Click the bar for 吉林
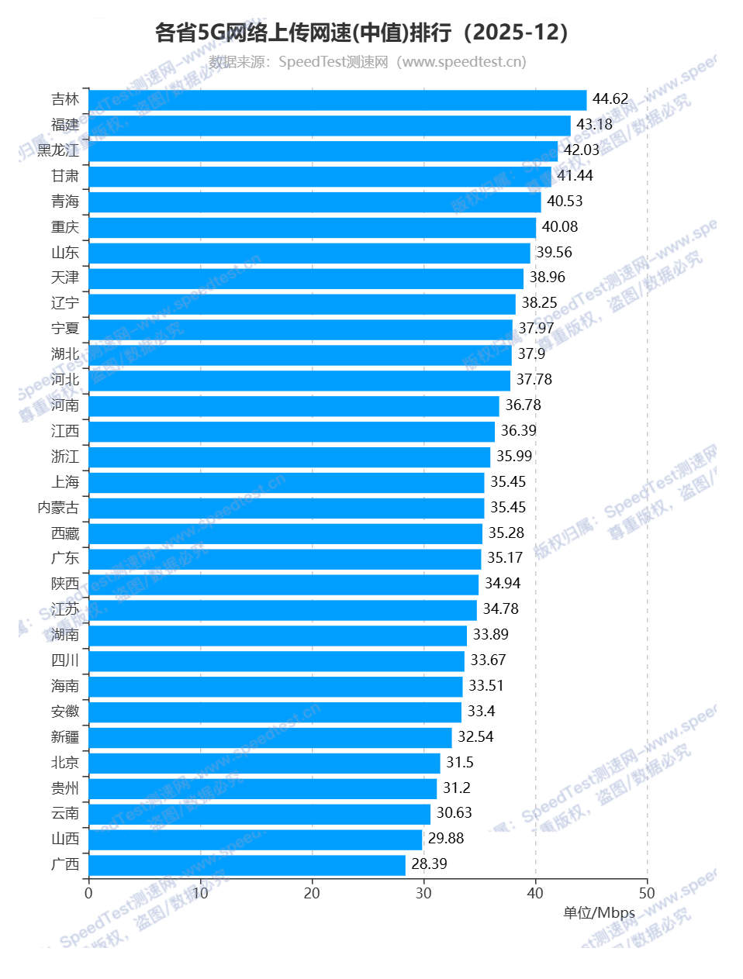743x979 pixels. click(337, 100)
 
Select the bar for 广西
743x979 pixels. click(247, 865)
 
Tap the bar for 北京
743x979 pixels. click(264, 764)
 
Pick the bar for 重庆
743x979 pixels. click(312, 228)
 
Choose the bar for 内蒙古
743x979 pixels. click(286, 508)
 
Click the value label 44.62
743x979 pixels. click(610, 99)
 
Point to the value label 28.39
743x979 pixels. click(429, 864)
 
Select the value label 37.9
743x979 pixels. click(531, 354)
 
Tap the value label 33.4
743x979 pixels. click(481, 712)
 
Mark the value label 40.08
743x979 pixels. click(560, 227)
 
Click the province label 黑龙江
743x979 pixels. click(58, 150)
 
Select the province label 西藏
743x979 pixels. click(65, 533)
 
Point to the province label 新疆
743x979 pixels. click(65, 737)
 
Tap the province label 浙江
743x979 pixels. click(65, 457)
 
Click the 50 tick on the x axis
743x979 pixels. click(647, 894)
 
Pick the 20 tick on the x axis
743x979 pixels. click(312, 894)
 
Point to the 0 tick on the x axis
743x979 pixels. click(88, 894)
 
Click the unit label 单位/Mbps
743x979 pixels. click(599, 913)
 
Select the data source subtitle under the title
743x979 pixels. click(368, 62)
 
